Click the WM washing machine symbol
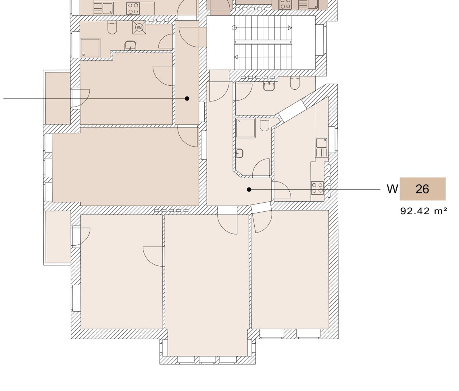pos(139,28)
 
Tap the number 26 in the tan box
pos(422,189)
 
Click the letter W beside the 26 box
pos(392,189)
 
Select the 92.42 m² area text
pos(423,211)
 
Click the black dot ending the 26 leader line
pos(249,189)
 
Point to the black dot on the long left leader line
pos(187,98)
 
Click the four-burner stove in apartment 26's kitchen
pos(317,188)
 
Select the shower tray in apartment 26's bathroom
pos(245,128)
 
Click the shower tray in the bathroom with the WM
pos(90,48)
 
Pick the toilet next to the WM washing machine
pos(112,28)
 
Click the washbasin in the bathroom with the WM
pos(131,45)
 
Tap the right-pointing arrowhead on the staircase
pos(290,28)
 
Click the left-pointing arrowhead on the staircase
pos(236,57)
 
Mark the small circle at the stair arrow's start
pos(234,28)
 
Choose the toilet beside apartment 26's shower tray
pos(265,124)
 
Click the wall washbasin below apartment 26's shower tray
pos(240,153)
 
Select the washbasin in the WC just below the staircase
pos(269,86)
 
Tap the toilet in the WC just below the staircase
pos(295,83)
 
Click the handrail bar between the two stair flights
pos(263,42)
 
